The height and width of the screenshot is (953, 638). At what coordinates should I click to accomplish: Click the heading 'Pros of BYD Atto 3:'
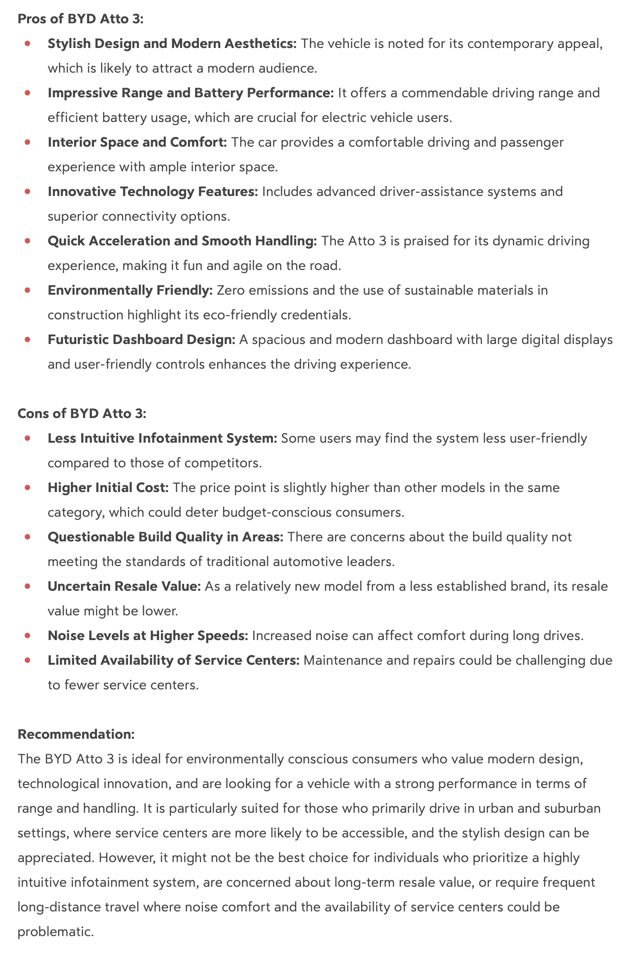click(x=80, y=19)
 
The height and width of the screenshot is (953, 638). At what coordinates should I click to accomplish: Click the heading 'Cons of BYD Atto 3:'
click(x=82, y=413)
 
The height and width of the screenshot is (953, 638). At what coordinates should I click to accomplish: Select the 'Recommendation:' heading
click(x=76, y=734)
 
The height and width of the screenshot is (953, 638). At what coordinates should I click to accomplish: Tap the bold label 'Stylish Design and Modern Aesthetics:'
click(x=172, y=44)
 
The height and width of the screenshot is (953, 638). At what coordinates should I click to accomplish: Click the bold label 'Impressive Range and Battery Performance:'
click(x=191, y=93)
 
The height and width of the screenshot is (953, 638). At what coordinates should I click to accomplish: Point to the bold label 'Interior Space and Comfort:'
click(x=137, y=143)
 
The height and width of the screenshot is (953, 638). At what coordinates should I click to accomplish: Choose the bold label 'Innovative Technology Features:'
click(x=153, y=192)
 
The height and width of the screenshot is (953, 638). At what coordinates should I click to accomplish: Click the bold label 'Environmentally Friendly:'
click(x=130, y=291)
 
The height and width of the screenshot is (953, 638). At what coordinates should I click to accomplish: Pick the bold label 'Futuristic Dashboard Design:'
click(x=141, y=340)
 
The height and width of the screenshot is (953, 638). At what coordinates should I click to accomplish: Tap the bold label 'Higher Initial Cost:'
click(x=108, y=488)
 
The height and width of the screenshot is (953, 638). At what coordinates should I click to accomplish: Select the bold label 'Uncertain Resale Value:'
click(x=124, y=587)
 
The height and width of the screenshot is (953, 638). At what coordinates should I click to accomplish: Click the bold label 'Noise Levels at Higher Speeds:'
click(x=148, y=636)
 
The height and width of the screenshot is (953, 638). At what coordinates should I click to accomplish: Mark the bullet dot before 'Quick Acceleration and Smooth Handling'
click(x=28, y=241)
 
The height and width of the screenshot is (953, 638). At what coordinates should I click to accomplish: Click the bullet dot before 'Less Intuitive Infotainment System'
click(x=28, y=438)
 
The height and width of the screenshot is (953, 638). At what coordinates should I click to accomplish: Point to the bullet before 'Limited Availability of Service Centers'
click(x=28, y=660)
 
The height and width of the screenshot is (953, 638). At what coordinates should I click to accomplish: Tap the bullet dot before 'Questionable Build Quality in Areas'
click(x=28, y=537)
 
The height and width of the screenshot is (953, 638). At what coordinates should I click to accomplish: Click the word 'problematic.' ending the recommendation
click(x=56, y=932)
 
